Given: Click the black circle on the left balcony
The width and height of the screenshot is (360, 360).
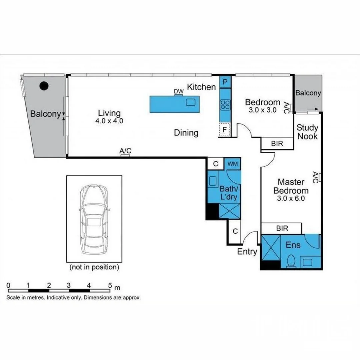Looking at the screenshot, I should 44,86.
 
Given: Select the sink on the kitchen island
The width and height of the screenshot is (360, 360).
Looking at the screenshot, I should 191,102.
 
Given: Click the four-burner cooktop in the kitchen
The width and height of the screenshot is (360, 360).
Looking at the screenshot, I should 225,105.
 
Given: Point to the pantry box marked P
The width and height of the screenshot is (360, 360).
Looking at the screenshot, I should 225,82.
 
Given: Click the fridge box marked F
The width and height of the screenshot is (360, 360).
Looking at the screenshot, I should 225,130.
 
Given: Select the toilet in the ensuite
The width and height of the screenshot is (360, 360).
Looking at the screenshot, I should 291,260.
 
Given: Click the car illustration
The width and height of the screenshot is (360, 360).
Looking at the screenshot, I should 94,219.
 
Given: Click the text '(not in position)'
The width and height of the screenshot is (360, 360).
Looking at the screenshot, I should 94,267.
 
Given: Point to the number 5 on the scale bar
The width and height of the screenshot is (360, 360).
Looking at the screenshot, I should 110,286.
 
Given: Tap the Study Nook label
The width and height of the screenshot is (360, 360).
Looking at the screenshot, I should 307,132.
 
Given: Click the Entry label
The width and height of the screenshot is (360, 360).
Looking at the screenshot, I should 247,252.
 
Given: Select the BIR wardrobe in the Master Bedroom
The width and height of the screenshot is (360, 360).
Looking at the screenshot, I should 282,229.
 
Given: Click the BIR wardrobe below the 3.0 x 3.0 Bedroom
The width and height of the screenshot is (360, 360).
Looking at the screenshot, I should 277,143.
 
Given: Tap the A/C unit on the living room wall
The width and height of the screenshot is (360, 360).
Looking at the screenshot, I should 125,155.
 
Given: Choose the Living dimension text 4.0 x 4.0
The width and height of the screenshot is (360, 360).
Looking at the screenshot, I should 109,121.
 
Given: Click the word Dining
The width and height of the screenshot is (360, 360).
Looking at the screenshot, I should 186,133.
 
